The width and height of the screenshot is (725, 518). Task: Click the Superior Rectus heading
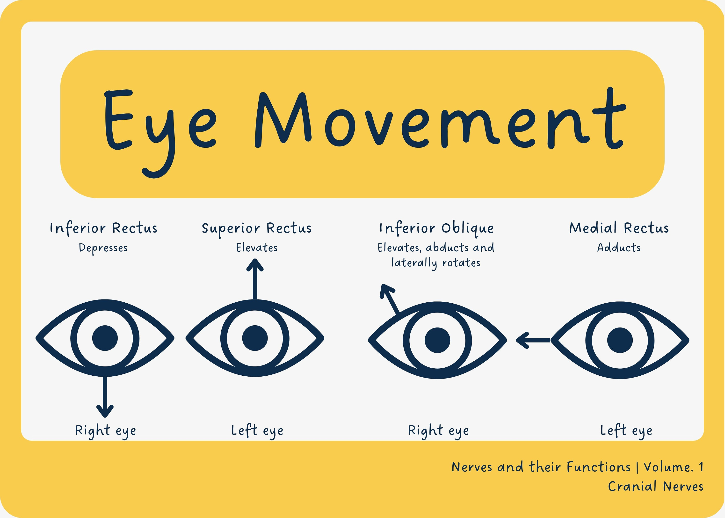(257, 229)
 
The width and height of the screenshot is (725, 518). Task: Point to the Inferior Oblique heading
(436, 229)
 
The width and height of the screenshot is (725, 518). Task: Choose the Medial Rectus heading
(619, 228)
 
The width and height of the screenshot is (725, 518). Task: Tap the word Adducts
(619, 248)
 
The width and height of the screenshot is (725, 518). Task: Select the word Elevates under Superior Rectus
(257, 248)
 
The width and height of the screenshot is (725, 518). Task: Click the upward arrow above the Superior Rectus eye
(255, 279)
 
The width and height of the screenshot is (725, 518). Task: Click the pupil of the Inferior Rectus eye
(105, 338)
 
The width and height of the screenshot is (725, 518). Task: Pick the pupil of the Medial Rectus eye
(620, 340)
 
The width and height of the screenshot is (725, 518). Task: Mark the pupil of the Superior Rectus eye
(255, 338)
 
